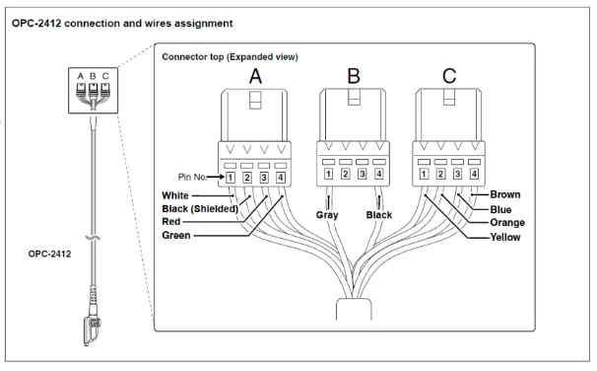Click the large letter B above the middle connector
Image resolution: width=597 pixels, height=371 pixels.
tap(352, 74)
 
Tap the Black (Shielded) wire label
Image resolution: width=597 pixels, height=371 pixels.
tap(203, 209)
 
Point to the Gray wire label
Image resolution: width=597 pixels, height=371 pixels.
tap(328, 214)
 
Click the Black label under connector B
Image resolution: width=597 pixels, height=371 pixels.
tap(378, 214)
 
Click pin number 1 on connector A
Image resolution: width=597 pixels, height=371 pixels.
tap(229, 178)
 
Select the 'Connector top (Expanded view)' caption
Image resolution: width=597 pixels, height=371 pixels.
tap(229, 57)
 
